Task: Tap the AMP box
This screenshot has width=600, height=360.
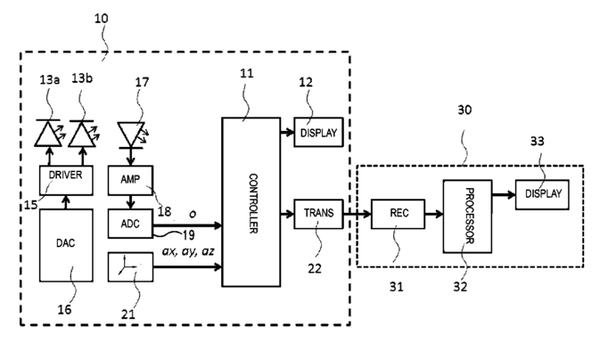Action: (131, 178)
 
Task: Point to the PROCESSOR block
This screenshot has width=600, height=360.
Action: (466, 215)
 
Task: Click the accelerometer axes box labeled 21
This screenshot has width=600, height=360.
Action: (131, 266)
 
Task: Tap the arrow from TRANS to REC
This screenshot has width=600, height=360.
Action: (353, 215)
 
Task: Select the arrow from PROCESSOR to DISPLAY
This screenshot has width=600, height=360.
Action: (502, 192)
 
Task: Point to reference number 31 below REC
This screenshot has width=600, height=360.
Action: (395, 288)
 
